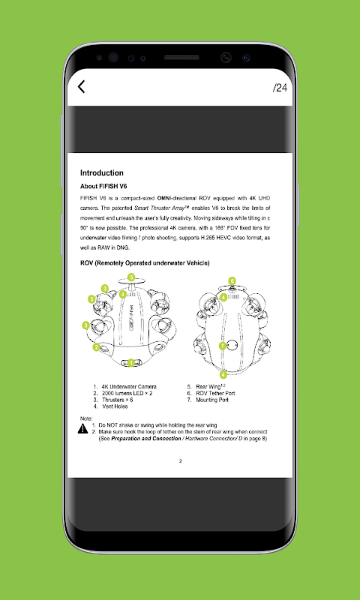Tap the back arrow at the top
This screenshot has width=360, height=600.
coord(81,87)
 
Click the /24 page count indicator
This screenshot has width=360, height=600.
coord(280,88)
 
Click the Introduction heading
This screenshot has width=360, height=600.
coord(102,172)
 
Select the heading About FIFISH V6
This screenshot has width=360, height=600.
coord(103,186)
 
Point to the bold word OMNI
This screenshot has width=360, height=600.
coord(164,198)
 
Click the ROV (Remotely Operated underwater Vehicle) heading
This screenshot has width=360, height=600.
coord(145,263)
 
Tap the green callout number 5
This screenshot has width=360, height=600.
coord(131,277)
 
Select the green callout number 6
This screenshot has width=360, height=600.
coord(232,280)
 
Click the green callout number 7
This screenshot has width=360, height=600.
coord(223,346)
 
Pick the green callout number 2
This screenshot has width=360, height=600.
coord(97,347)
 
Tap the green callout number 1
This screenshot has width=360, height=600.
coord(131,362)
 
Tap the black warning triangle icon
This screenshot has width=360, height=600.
coord(82,428)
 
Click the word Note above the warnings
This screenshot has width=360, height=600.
coord(86,418)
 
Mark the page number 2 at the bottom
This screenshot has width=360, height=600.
coord(181,461)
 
